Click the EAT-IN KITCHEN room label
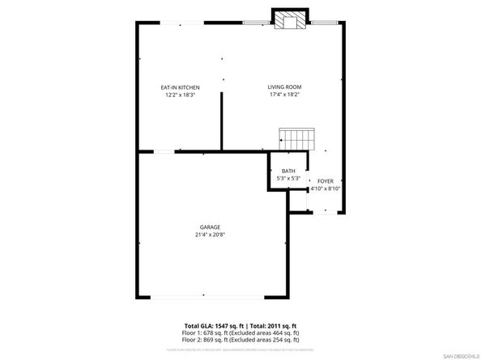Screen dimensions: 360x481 point(179,87)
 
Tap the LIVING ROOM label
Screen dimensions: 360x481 point(284,87)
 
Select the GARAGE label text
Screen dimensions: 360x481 point(211,227)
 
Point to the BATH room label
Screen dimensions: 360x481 point(288,171)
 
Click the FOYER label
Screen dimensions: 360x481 point(325,181)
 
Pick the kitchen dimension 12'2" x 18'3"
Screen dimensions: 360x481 point(179,95)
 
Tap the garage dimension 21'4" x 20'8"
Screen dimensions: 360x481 point(211,235)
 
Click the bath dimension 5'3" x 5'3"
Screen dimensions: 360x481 point(288,179)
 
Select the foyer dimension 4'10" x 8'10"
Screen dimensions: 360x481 point(325,189)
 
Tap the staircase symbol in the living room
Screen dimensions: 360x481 point(295,138)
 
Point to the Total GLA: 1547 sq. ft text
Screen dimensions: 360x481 point(212,325)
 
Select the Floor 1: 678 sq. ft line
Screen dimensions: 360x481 point(240,332)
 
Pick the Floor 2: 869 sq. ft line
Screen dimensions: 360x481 point(240,340)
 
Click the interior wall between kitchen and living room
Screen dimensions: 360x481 point(221,121)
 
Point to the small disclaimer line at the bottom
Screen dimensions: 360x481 point(240,349)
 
